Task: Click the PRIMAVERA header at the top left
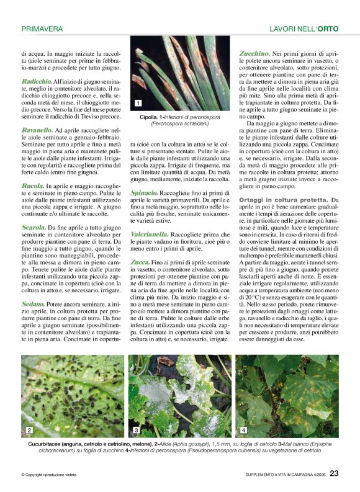click(42, 29)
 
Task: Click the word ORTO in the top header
click(327, 29)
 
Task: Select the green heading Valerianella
click(151, 235)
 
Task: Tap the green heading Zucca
click(140, 263)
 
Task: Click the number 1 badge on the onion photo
click(137, 103)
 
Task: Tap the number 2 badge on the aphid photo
click(29, 430)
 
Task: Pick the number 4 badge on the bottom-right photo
click(243, 430)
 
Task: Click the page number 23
click(334, 474)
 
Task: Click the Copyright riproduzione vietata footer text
click(53, 475)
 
